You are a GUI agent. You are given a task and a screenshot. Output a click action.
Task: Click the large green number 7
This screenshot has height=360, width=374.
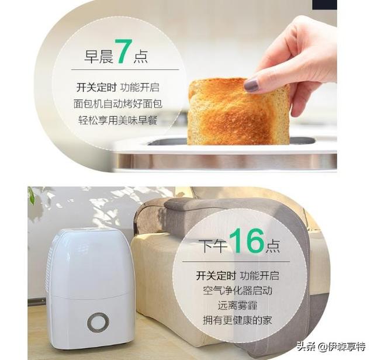pos(124,51)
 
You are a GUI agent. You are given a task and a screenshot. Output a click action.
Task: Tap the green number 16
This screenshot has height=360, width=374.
pos(247,240)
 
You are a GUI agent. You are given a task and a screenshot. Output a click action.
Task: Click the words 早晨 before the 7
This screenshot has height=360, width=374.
pos(99,57)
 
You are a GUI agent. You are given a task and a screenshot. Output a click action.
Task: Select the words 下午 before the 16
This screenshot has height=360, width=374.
pos(213,246)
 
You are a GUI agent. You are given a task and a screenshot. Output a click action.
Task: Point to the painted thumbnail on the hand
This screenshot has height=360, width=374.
pos(251,85)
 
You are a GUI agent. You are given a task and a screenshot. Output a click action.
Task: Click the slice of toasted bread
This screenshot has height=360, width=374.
pos(238,111)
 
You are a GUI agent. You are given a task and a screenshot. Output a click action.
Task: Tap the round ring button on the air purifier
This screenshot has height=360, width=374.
pos(98,323)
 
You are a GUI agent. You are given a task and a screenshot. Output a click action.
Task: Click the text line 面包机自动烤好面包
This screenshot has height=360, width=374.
pos(118,104)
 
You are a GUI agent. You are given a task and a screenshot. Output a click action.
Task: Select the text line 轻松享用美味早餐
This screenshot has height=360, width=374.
pos(118,120)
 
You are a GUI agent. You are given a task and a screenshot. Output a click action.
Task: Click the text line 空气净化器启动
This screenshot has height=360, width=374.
pos(237,290)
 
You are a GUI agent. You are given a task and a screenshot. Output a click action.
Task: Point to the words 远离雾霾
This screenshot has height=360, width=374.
pos(237,306)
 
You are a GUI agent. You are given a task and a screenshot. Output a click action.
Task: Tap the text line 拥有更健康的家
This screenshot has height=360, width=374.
pos(237,320)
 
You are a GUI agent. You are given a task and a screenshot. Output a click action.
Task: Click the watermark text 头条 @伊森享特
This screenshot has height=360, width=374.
pos(331,346)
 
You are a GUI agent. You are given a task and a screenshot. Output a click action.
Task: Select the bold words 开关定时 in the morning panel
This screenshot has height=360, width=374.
pos(96,88)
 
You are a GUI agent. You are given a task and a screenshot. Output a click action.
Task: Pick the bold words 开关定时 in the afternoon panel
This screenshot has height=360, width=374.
pos(216,275)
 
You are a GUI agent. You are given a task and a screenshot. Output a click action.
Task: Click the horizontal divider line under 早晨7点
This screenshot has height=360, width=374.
pos(125,70)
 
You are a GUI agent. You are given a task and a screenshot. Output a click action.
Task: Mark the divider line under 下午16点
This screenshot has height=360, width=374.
pos(236,261)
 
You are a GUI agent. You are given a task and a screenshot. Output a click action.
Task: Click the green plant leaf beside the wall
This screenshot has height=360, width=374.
pos(31,195)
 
